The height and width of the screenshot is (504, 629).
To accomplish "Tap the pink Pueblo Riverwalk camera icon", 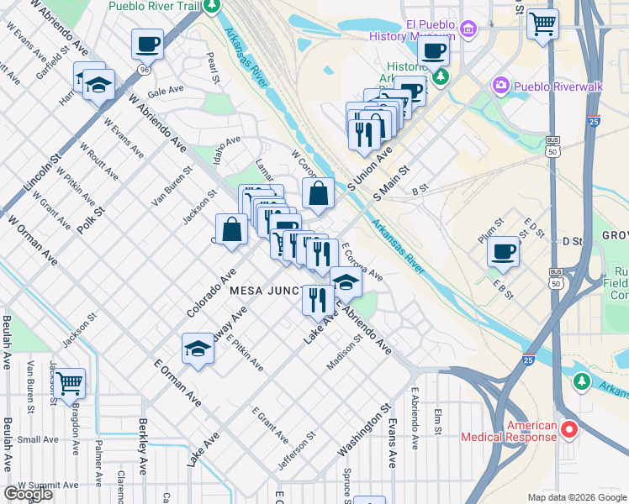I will [501, 86].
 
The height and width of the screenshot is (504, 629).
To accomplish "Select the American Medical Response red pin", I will [568, 429].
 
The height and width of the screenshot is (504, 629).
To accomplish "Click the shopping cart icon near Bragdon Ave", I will [70, 384].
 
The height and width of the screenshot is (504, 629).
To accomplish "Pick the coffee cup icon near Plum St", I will [504, 250].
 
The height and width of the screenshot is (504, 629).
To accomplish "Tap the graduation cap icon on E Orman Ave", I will [198, 349].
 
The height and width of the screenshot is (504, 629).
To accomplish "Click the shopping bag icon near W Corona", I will [319, 193].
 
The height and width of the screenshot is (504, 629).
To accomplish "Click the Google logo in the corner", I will [28, 494].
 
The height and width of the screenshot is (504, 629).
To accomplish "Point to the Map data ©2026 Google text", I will [577, 497].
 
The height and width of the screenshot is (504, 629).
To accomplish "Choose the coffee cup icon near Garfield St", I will [147, 44].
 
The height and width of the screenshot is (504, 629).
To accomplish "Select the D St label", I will [572, 242].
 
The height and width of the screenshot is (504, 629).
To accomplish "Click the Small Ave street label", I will [38, 439].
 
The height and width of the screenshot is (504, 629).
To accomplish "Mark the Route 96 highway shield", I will [145, 69].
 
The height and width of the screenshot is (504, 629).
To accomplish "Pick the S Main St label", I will [393, 182].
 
